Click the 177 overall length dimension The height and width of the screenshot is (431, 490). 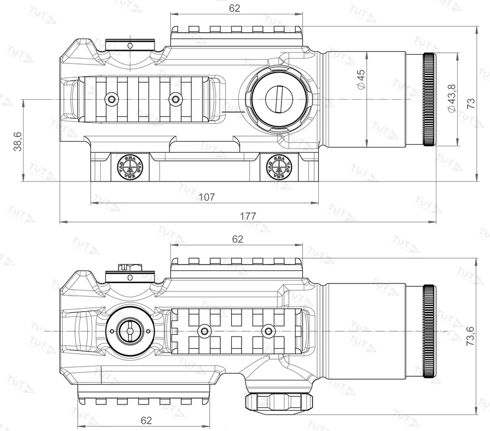(248, 215)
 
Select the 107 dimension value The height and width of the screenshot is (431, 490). (206, 197)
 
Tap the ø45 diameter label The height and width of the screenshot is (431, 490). (361, 79)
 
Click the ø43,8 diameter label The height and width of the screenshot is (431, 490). (451, 98)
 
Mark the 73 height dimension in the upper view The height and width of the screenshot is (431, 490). (471, 103)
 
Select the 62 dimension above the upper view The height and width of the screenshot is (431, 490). (234, 9)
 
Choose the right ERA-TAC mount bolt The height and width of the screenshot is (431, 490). (280, 167)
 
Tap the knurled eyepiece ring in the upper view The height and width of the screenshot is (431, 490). (429, 100)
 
